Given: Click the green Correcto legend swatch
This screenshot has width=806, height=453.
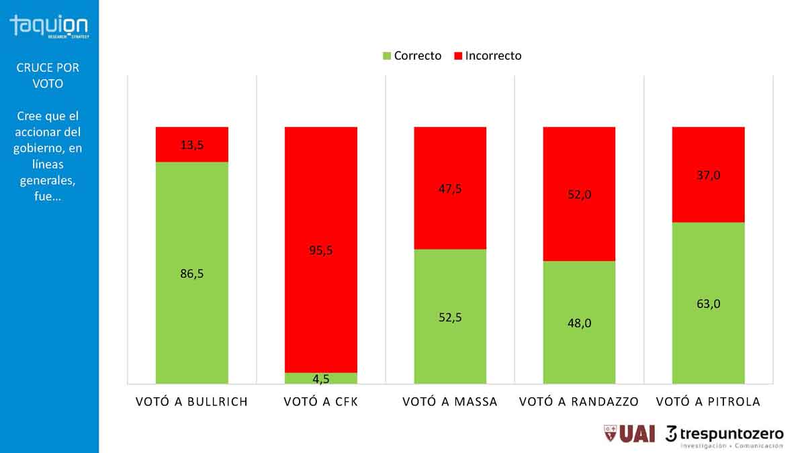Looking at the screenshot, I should click(386, 56).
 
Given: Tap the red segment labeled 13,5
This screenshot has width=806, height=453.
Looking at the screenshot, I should click(192, 144).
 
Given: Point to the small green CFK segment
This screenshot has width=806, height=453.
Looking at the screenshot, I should click(321, 379).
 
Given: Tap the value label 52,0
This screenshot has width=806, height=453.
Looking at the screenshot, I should click(579, 195).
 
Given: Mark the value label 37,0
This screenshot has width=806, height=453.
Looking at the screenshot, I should click(709, 174).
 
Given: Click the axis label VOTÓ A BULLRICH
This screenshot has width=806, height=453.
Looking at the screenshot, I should click(192, 402).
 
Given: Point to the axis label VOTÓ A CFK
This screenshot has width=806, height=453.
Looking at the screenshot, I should click(321, 402).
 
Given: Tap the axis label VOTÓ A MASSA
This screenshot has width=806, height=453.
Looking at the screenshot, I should click(450, 402).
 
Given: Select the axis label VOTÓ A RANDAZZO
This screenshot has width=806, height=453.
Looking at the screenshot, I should click(579, 402).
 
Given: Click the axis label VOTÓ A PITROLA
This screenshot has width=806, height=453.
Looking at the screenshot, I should click(709, 402).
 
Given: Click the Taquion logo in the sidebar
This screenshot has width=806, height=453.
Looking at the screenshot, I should click(49, 27).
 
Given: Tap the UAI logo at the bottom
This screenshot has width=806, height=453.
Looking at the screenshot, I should click(629, 434).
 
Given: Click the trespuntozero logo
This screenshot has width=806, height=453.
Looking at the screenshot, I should click(725, 436).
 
